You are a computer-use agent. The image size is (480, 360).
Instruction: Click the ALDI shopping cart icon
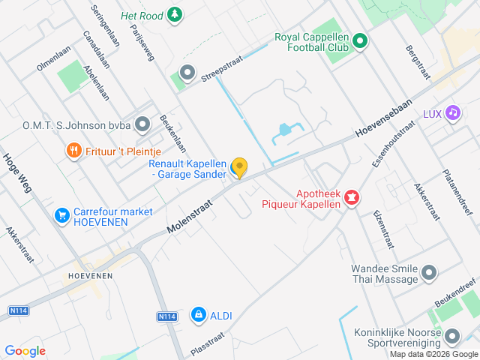[x=199, y=316]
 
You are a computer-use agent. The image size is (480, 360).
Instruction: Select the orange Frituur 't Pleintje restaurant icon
[x=73, y=151]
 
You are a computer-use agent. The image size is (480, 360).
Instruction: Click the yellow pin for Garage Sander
[x=239, y=166]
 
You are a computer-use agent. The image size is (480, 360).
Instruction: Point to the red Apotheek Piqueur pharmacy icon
[x=351, y=198]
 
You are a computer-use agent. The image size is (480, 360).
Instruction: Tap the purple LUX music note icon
[x=452, y=113]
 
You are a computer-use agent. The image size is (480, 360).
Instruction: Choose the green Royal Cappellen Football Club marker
[x=359, y=41]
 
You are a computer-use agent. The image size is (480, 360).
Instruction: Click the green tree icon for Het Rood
[x=174, y=15]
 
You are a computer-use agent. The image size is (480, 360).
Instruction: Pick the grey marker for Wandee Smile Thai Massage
[x=429, y=274]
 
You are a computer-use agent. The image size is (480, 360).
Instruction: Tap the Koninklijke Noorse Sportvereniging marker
[x=452, y=336]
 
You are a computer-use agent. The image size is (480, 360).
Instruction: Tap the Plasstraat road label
[x=208, y=347]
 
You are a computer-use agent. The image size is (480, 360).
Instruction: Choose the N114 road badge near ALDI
[x=166, y=317]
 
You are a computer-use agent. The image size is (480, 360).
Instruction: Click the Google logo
[x=25, y=350]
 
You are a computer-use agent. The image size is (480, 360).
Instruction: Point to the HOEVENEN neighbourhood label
[x=90, y=276]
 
